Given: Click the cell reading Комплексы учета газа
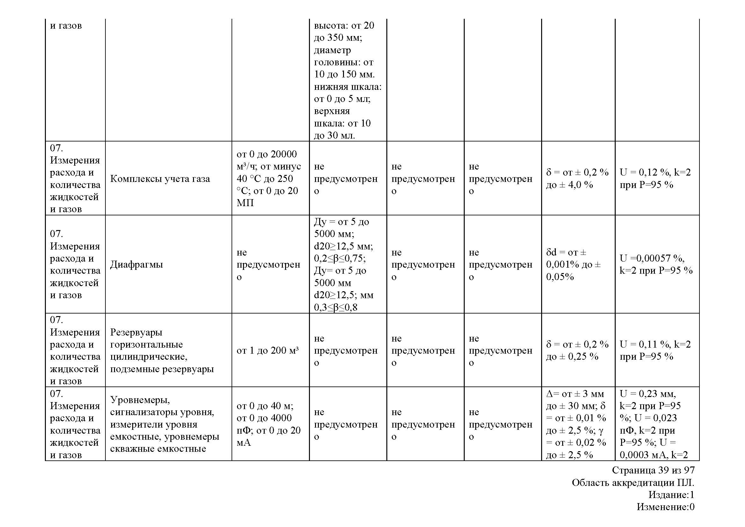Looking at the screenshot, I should pos(160,178).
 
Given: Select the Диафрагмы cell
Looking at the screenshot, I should pos(136,264).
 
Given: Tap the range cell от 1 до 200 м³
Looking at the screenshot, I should pos(267,350).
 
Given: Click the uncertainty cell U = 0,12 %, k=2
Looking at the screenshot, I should pos(655,178).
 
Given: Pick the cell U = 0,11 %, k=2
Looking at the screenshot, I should pos(655,350).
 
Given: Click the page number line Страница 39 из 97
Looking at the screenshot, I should pos(653,470).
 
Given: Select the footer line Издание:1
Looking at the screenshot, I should pos(671,495).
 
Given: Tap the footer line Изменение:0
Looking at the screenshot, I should pos(665,507).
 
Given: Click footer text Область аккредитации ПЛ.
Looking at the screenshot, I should pos(633,482).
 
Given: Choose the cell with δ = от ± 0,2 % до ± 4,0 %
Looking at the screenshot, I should pos(577,178).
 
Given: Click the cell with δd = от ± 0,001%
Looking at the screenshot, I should pos(573,264).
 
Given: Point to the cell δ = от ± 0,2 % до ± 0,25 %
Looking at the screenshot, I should pos(577,350).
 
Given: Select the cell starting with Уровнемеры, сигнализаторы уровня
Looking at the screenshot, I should pos(164,424).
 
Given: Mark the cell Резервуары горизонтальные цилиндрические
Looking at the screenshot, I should pos(161,350).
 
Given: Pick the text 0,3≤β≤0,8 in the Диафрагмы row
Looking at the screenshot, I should pos(335,307).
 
